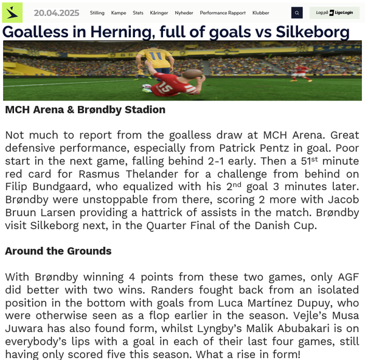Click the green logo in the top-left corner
12,12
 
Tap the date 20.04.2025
56,13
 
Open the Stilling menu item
97,13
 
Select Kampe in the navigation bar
119,13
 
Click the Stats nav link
138,13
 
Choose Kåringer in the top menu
159,13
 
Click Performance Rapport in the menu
223,13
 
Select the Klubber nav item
260,13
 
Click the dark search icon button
297,13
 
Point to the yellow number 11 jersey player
157,61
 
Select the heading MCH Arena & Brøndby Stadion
85,110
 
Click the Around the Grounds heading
58,251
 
